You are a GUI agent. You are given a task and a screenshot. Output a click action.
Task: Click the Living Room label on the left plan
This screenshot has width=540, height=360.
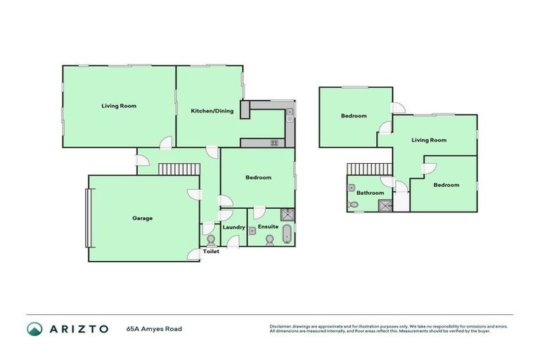pyautogui.click(x=118, y=106)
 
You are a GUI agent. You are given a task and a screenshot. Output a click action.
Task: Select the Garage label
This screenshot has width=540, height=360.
pyautogui.click(x=142, y=218)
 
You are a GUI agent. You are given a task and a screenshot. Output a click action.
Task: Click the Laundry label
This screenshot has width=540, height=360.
pyautogui.click(x=233, y=227)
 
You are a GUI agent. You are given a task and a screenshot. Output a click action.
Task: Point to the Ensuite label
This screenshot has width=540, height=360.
pyautogui.click(x=269, y=227)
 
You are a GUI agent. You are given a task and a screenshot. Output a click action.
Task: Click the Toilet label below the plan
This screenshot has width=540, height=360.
pyautogui.click(x=211, y=251)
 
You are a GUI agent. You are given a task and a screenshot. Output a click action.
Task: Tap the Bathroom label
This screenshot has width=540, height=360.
pyautogui.click(x=370, y=193)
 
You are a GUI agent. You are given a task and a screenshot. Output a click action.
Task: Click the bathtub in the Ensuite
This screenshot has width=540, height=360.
pyautogui.click(x=286, y=234)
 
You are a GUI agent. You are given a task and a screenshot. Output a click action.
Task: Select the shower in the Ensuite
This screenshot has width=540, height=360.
pyautogui.click(x=288, y=215)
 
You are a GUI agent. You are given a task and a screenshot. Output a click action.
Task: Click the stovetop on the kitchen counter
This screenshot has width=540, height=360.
pyautogui.click(x=274, y=143)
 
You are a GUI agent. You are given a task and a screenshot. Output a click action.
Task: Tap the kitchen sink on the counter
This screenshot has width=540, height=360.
pyautogui.click(x=289, y=112)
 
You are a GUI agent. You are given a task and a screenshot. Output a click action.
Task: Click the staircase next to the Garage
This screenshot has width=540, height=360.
pyautogui.click(x=179, y=169)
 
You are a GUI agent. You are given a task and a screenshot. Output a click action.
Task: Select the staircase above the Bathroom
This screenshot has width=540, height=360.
pyautogui.click(x=368, y=169)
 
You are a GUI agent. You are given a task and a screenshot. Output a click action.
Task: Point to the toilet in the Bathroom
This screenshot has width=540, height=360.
pyautogui.click(x=354, y=205)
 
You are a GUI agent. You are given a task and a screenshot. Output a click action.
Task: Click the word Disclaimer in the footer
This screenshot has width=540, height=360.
pyautogui.click(x=281, y=326)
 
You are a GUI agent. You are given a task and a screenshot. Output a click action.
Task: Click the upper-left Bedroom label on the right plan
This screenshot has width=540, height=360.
pyautogui.click(x=354, y=116)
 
